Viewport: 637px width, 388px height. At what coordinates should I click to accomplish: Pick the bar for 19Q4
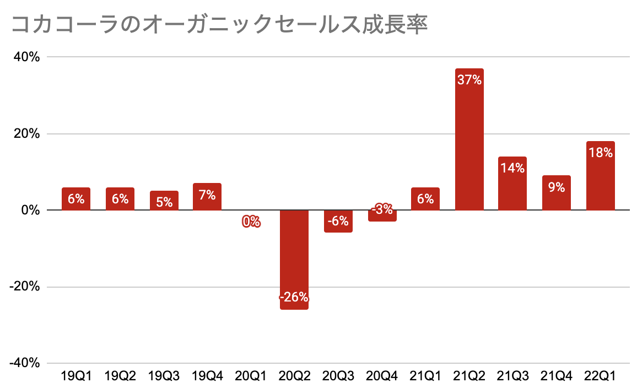tap(207, 197)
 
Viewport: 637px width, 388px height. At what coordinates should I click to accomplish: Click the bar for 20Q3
tap(338, 221)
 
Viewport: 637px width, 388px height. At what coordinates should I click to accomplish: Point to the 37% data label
tap(469, 80)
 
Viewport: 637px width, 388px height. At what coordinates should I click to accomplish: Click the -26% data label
tap(294, 298)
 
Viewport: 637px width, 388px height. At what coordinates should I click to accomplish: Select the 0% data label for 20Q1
tap(251, 222)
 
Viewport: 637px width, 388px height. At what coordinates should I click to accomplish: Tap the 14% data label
tap(512, 168)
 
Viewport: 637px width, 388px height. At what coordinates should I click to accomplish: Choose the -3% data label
tap(382, 209)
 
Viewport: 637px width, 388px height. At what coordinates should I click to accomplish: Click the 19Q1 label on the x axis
tap(76, 376)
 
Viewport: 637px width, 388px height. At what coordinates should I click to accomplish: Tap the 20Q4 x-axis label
tap(382, 376)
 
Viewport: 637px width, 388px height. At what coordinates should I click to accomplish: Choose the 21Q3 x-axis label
tap(512, 376)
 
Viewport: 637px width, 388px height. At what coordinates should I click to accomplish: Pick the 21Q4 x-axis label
tap(557, 376)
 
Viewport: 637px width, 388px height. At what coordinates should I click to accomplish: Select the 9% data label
tap(557, 187)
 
